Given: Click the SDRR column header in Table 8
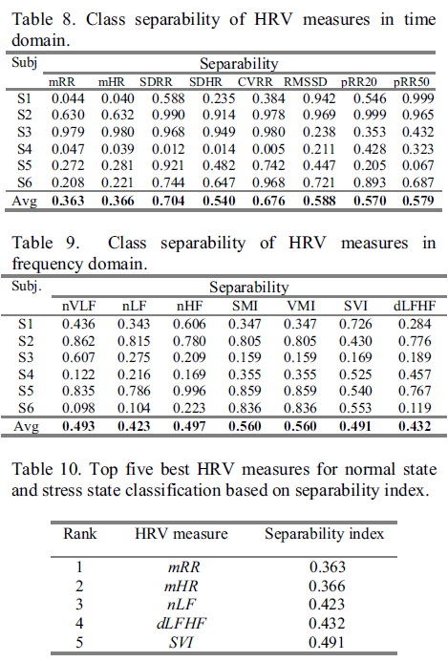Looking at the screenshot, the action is pyautogui.click(x=156, y=82).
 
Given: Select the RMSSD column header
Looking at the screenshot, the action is pyautogui.click(x=306, y=82).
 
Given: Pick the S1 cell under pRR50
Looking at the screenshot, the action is pyautogui.click(x=418, y=98).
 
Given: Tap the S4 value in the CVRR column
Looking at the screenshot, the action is pyautogui.click(x=268, y=149).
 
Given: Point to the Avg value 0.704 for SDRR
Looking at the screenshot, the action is pyautogui.click(x=168, y=201).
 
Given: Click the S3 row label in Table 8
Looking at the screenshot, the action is pyautogui.click(x=24, y=132).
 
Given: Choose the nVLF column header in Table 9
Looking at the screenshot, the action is pyautogui.click(x=79, y=306).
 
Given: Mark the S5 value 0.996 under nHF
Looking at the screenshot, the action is pyautogui.click(x=189, y=391).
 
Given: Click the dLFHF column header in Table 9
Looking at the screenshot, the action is pyautogui.click(x=415, y=306).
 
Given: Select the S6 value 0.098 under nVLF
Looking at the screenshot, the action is pyautogui.click(x=78, y=408).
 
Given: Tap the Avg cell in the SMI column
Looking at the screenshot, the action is pyautogui.click(x=245, y=426).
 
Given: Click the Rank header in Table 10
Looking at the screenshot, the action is pyautogui.click(x=80, y=534).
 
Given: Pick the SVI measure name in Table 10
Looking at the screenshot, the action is pyautogui.click(x=181, y=643).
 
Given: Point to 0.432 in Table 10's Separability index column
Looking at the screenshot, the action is pyautogui.click(x=327, y=624).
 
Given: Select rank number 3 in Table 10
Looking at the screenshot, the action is pyautogui.click(x=79, y=605).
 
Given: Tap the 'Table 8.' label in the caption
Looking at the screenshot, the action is pyautogui.click(x=44, y=19).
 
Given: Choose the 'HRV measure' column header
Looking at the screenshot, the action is pyautogui.click(x=181, y=534).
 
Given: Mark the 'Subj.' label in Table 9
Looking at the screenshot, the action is pyautogui.click(x=27, y=287).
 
